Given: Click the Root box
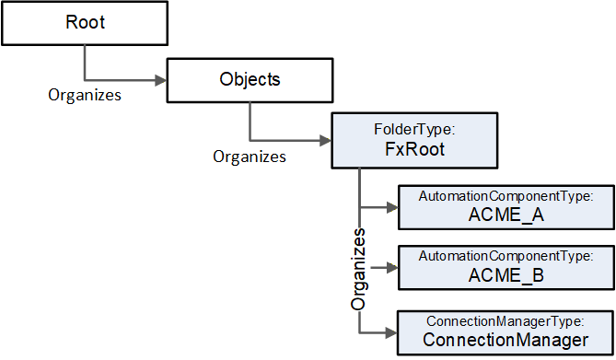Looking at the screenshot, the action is [x=85, y=23].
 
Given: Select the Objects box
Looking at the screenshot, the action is [x=250, y=81].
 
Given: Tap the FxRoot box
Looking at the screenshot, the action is [x=414, y=141].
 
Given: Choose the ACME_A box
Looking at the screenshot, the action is [x=506, y=207].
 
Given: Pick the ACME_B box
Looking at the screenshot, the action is [x=506, y=268].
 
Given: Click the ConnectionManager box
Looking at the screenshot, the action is [x=506, y=333].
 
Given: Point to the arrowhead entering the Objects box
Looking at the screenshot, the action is [x=161, y=81].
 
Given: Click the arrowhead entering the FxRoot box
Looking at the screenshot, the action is [x=326, y=140].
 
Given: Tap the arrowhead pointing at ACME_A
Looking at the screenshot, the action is [x=392, y=207].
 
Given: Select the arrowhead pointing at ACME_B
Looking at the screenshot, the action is [x=392, y=268].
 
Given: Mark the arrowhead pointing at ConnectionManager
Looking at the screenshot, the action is [x=391, y=333].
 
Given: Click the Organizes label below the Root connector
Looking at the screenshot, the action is [x=85, y=95].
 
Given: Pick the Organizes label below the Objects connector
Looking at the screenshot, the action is [x=250, y=157].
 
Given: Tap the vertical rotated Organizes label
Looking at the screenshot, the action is [x=358, y=269].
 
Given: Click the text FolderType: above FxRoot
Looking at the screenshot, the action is [x=414, y=129].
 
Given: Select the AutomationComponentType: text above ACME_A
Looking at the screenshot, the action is [x=506, y=196].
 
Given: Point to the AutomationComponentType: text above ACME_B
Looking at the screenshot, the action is [x=506, y=256].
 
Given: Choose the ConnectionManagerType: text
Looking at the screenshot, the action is [x=506, y=321].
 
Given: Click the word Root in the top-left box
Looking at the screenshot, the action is [x=86, y=22].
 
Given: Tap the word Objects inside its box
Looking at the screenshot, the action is [x=250, y=79].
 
